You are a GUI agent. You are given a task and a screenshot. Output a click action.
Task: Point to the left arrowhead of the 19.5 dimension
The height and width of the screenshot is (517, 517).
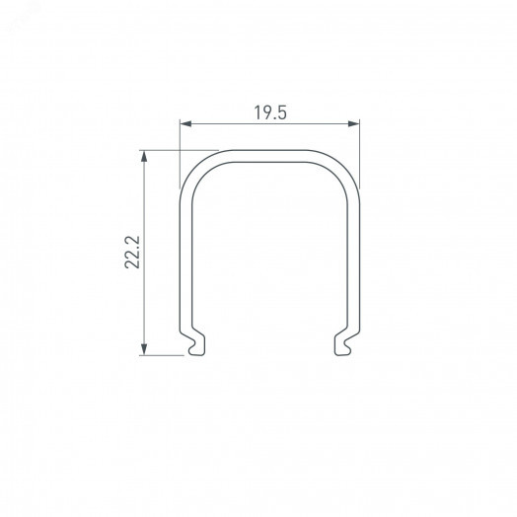tap(183, 123)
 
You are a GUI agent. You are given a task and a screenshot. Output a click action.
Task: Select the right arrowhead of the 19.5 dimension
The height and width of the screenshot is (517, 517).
tap(354, 123)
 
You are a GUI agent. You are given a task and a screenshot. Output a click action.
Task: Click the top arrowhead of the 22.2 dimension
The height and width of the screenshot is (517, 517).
tap(145, 156)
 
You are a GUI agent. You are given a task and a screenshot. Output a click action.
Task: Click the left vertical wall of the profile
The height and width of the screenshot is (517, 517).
tap(183, 257)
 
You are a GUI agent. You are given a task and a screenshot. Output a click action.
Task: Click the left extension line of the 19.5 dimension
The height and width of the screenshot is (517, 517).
tap(180, 148)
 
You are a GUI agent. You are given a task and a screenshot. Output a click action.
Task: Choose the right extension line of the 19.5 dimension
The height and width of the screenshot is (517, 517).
tap(358, 148)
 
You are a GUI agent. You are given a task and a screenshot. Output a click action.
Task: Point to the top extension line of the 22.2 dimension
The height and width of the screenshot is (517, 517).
tap(163, 151)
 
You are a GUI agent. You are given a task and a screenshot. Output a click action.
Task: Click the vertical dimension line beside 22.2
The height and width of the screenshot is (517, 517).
tap(145, 296)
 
